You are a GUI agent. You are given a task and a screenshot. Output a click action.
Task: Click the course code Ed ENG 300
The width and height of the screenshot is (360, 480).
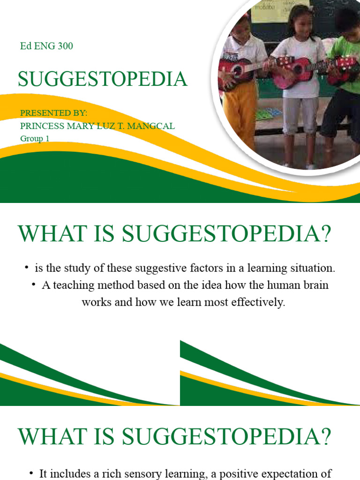coord(46,46)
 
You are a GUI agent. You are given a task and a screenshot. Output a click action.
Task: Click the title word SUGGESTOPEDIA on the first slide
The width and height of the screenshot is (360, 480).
coord(103,79)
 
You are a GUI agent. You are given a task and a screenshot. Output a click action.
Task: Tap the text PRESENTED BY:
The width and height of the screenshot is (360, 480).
coord(54,114)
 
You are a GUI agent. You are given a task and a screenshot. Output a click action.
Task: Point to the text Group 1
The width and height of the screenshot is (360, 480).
coord(35,138)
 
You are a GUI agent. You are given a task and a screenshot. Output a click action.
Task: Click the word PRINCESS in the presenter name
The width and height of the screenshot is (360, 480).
coord(40,126)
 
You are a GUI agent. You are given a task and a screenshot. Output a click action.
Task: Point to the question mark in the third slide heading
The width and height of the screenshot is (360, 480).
coord(323,437)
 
